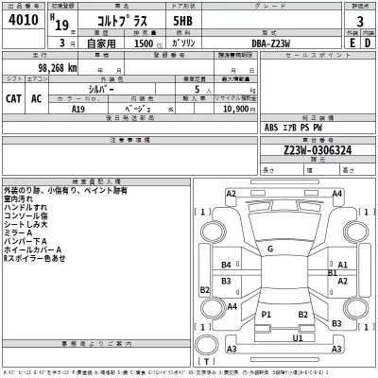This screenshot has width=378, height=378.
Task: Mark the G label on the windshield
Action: pyautogui.click(x=269, y=249)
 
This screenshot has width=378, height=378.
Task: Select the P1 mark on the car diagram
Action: pyautogui.click(x=266, y=314)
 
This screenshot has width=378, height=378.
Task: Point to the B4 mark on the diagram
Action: pyautogui.click(x=226, y=265)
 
